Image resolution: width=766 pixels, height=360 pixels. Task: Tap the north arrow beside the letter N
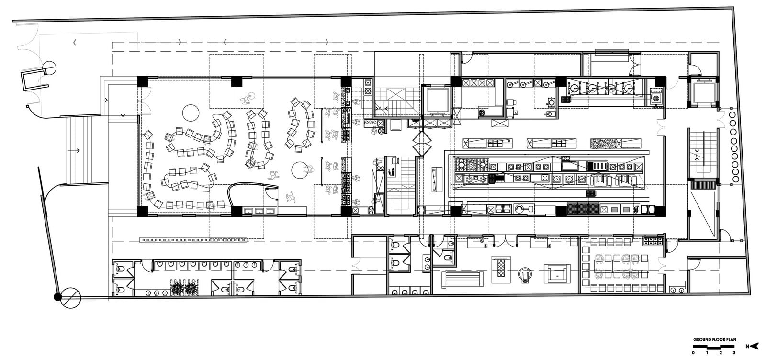tap(755, 346)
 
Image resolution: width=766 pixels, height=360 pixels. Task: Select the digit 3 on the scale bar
tap(734, 353)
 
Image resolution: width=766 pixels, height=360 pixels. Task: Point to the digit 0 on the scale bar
tap(694, 353)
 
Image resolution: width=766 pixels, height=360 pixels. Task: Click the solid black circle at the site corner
tap(58, 297)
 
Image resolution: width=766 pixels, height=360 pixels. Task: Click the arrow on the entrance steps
tap(74, 150)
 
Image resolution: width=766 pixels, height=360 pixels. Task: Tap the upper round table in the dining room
tap(191, 113)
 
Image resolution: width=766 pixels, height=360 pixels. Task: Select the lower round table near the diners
tap(300, 170)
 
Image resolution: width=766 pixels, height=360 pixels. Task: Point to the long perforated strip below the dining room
tap(193, 240)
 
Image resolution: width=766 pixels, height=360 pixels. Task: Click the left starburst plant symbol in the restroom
tap(178, 287)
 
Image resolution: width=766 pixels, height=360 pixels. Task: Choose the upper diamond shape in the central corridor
tap(422, 138)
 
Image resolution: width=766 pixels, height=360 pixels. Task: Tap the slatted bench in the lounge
tap(462, 279)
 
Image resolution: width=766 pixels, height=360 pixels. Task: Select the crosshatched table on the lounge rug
tap(501, 270)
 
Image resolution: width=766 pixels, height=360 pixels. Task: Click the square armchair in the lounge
tap(557, 273)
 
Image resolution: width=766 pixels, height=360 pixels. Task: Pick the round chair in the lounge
tap(526, 274)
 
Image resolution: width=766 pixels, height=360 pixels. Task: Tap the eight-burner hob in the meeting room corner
tap(653, 241)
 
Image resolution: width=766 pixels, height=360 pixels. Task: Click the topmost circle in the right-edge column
tap(732, 114)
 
